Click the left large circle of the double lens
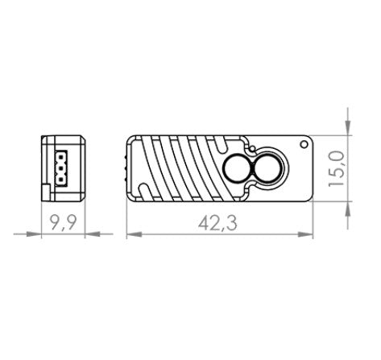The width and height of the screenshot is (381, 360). [x=237, y=169]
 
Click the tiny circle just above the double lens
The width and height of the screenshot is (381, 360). [x=252, y=151]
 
